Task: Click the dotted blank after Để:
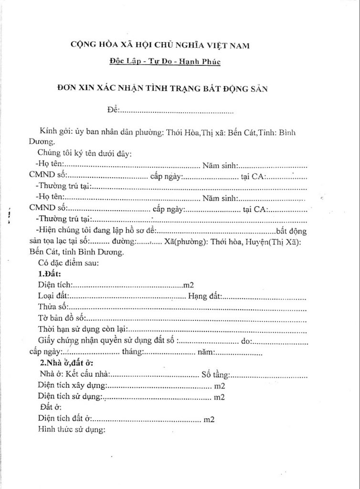click(x=176, y=112)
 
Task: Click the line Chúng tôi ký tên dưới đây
click(x=84, y=153)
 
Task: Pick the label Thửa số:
click(x=53, y=308)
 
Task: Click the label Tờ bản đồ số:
click(x=61, y=318)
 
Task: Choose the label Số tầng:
click(x=217, y=374)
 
